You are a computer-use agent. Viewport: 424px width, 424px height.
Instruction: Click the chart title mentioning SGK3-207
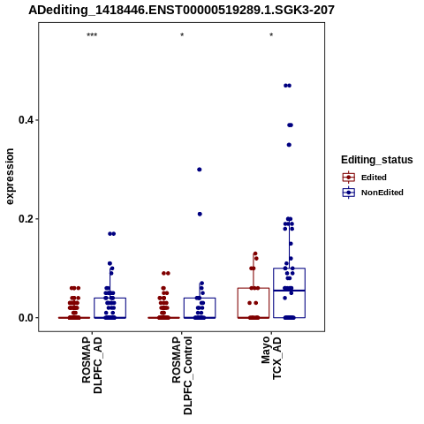181,10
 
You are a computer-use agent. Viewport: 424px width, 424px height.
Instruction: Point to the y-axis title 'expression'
10,177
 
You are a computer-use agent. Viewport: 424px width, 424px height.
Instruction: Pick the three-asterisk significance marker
92,35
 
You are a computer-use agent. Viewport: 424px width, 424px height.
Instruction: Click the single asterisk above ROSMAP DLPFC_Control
182,35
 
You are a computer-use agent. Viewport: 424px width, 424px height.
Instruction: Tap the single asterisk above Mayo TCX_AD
271,35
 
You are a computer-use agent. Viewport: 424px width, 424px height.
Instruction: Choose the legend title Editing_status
377,160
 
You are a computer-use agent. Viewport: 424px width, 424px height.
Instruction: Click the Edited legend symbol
349,178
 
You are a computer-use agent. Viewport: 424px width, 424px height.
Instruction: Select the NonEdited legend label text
382,193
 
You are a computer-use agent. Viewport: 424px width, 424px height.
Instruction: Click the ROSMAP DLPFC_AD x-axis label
92,365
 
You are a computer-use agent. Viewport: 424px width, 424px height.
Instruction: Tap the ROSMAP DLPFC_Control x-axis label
182,375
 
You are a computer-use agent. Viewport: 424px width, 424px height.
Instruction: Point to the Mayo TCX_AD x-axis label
271,358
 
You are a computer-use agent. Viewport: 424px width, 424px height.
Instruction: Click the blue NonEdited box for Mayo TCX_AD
289,269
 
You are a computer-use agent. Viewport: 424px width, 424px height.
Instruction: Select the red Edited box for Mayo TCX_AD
254,288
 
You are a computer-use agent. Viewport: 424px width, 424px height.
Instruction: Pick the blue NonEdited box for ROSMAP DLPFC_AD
110,299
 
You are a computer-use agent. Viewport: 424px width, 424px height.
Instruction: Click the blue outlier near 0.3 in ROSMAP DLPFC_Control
200,170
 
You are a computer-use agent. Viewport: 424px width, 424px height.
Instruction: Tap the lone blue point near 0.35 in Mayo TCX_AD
289,145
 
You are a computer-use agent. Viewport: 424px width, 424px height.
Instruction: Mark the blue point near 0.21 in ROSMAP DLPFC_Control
200,214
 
